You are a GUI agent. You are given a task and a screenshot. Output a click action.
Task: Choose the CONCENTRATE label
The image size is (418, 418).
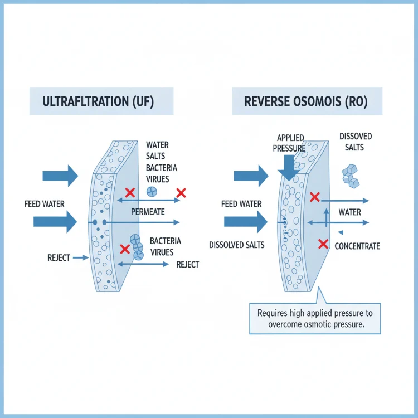[357, 246]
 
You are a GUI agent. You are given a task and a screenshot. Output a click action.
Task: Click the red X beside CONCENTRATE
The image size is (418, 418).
[322, 244]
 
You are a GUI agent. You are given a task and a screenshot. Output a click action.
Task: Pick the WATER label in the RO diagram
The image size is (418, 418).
[349, 212]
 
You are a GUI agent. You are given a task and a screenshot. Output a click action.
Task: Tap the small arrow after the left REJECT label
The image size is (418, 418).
[81, 257]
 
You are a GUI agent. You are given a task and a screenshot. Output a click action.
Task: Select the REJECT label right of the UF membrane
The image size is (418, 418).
[187, 264]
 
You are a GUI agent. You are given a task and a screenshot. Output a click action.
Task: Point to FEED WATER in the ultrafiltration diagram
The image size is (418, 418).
[44, 204]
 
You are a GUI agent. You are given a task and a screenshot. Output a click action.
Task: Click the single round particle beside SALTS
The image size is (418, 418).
[151, 191]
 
